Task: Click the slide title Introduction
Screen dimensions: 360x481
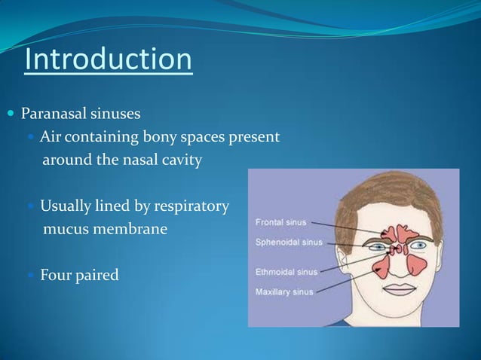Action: pyautogui.click(x=108, y=60)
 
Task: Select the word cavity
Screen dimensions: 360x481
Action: pyautogui.click(x=179, y=160)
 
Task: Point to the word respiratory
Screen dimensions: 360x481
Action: pyautogui.click(x=188, y=206)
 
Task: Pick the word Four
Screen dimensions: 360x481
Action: pyautogui.click(x=56, y=275)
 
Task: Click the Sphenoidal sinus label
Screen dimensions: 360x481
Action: pyautogui.click(x=287, y=242)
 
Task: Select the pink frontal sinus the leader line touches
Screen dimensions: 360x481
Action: pyautogui.click(x=391, y=232)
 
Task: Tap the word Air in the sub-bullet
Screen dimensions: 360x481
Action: pyautogui.click(x=51, y=138)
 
